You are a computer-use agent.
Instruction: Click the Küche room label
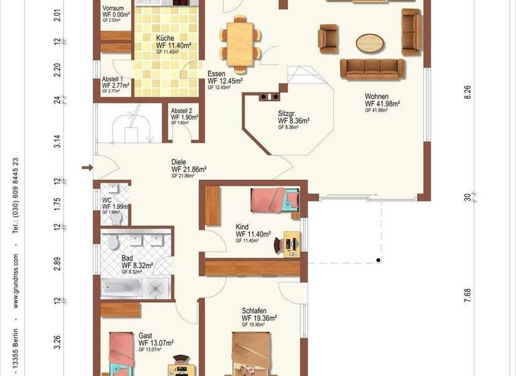(166, 38)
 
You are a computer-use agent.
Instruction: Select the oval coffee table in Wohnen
(371, 42)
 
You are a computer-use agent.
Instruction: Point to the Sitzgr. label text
(288, 113)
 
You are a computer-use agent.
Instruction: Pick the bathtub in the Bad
(122, 288)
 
